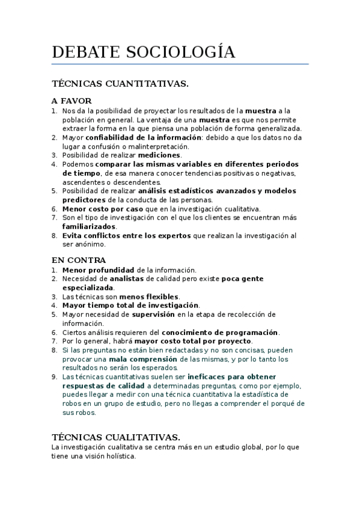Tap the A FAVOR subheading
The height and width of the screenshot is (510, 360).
(x=72, y=100)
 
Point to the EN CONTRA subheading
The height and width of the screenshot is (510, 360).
(x=79, y=260)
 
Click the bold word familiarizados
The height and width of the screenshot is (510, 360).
(x=89, y=226)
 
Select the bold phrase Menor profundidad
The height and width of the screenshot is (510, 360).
(x=99, y=270)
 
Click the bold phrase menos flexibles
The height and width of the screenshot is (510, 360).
(x=149, y=296)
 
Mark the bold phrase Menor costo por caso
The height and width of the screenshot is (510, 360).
(x=99, y=209)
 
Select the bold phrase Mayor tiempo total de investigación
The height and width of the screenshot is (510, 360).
(x=130, y=305)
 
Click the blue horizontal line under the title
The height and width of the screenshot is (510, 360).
(x=180, y=64)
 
